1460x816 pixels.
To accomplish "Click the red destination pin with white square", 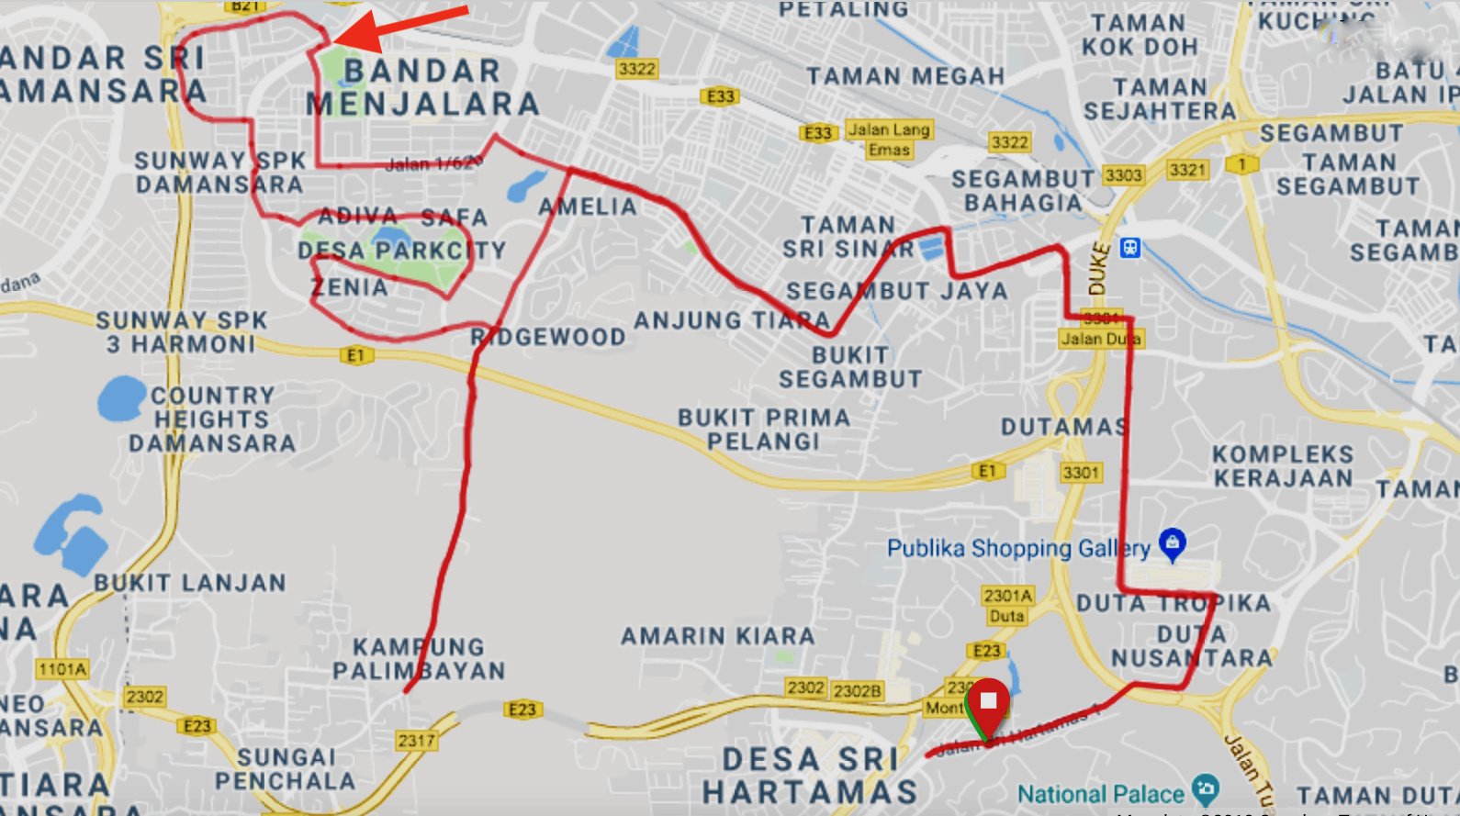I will click(988, 703).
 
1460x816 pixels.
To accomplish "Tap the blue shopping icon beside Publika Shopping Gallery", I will click(1172, 542).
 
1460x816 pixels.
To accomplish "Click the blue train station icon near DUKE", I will click(1129, 247).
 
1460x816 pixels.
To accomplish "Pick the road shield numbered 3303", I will click(1123, 174).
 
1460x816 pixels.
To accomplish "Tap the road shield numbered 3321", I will click(1186, 170).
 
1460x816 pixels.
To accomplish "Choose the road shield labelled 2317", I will click(416, 740).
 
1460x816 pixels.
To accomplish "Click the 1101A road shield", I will click(62, 669).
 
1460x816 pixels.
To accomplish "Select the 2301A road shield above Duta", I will click(1007, 596).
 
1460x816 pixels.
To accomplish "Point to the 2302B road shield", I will click(857, 690).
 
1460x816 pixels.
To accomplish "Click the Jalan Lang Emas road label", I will click(888, 140).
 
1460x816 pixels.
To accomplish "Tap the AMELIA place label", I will click(588, 207).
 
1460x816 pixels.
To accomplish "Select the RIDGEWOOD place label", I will click(548, 337).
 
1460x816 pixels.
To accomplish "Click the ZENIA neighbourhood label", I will click(350, 287).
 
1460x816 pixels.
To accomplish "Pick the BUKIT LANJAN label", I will click(190, 583).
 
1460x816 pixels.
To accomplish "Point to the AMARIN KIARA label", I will click(717, 636).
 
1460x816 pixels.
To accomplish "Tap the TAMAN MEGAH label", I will click(905, 76).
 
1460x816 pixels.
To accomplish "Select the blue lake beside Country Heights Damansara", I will click(120, 398).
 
